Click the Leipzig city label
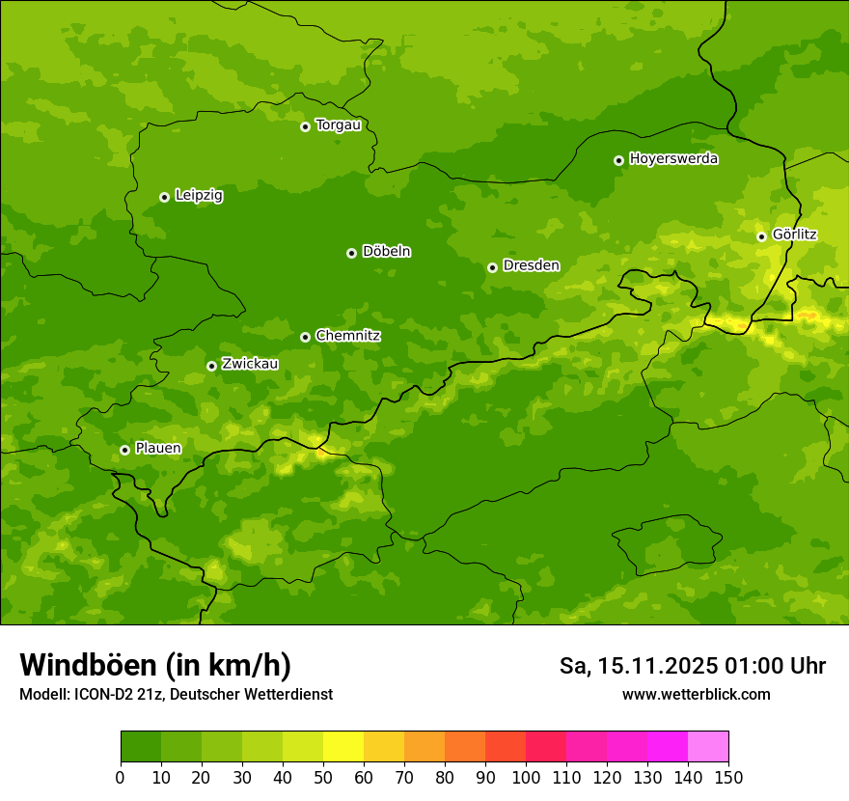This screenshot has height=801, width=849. (x=199, y=195)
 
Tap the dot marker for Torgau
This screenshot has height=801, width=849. (x=305, y=126)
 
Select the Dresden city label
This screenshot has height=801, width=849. (x=531, y=265)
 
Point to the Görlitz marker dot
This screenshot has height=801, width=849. (x=761, y=236)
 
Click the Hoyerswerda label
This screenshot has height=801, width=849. (x=673, y=158)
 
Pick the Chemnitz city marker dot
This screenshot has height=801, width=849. (x=305, y=337)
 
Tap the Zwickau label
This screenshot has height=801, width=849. (x=250, y=364)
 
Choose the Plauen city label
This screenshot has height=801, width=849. (x=158, y=448)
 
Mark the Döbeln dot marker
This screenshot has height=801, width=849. (x=351, y=253)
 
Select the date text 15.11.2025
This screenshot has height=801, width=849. (x=656, y=666)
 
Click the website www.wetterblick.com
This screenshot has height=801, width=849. (x=696, y=694)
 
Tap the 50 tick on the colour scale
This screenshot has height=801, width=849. (x=322, y=776)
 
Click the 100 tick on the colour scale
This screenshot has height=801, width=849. (x=525, y=776)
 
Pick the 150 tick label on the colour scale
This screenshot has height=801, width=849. (x=727, y=776)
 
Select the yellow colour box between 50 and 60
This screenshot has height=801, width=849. (x=342, y=746)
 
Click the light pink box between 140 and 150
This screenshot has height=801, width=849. (x=707, y=746)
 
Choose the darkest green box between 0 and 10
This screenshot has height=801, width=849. (x=140, y=746)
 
